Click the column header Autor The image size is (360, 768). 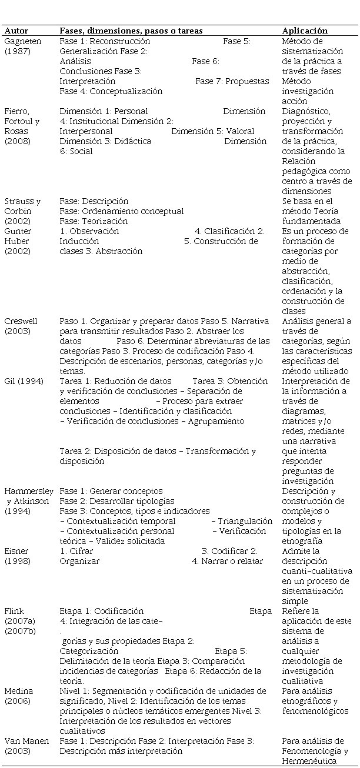16,31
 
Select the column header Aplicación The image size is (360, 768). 305,31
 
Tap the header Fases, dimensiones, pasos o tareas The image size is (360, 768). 131,31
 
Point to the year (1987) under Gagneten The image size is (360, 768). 16,51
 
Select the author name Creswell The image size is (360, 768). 21,321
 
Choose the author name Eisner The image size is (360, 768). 17,551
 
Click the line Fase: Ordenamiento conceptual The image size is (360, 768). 122,211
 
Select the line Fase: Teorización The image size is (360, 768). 94,221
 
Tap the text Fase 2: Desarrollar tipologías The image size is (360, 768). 117,501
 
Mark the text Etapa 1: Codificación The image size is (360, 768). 102,611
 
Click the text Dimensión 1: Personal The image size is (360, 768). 104,111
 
